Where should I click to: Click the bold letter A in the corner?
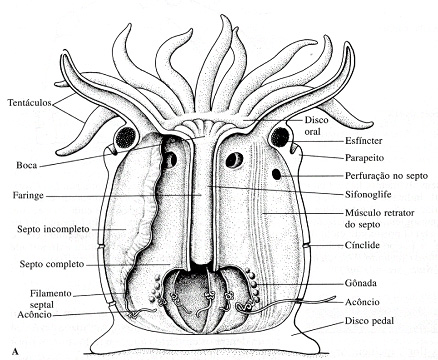pos(9,351)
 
